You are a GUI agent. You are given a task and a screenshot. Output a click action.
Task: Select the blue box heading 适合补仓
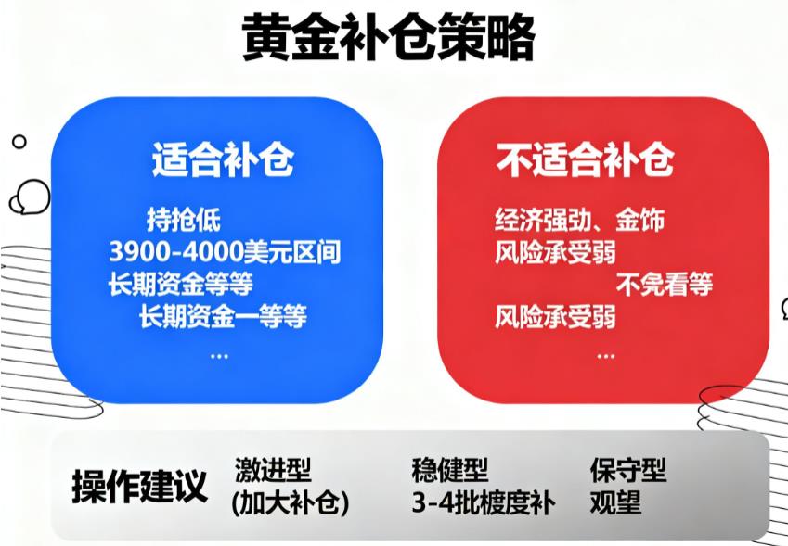point(223,161)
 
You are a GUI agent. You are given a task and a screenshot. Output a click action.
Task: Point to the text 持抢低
point(185,221)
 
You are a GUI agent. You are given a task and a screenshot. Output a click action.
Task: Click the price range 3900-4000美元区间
point(225,252)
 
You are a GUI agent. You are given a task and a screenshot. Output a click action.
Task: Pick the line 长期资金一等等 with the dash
point(223,317)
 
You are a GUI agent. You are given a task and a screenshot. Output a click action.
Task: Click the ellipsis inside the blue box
point(219,355)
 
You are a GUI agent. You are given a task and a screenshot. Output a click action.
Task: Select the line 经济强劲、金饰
point(579,221)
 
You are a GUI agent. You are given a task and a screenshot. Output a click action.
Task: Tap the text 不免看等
point(664,285)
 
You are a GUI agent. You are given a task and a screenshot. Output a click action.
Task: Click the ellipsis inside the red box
point(606,355)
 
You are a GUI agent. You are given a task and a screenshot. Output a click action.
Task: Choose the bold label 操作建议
point(139,486)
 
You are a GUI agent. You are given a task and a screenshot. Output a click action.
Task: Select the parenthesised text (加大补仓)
point(290,503)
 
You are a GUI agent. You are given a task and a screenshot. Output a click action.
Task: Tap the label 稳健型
point(449,471)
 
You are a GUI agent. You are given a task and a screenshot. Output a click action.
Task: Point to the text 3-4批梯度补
point(483,503)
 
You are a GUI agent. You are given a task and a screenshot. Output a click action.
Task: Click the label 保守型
point(627,471)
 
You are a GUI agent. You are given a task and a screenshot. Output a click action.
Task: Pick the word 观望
point(614,503)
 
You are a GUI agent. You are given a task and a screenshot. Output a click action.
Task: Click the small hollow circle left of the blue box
point(19,142)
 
